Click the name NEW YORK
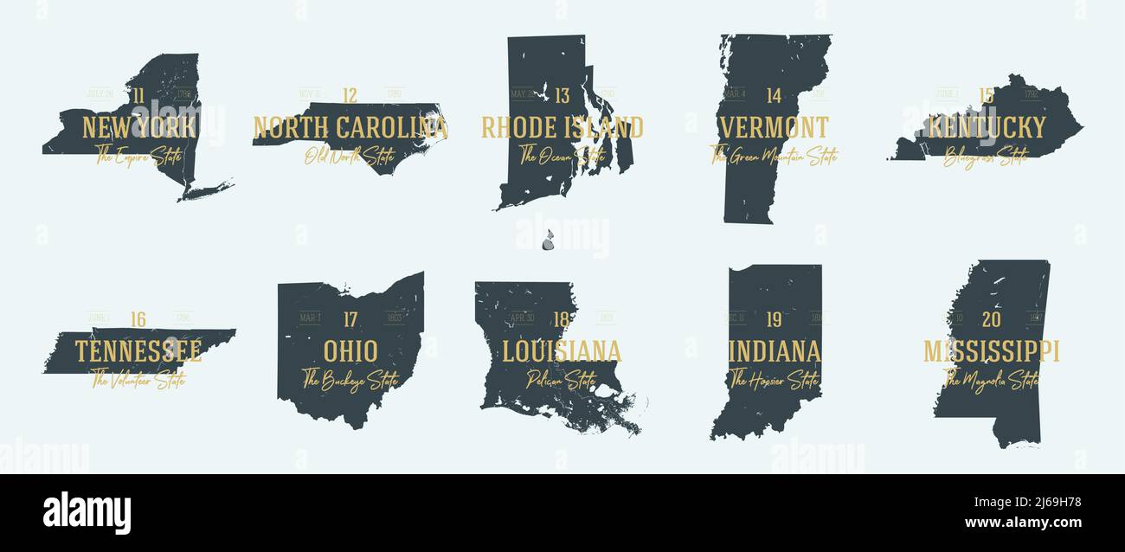[x=138, y=128]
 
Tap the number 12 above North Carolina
[x=350, y=96]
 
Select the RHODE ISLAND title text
[x=562, y=128]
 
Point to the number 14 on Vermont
[x=774, y=96]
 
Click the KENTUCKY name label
[x=987, y=128]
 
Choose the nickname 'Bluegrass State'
[x=986, y=157]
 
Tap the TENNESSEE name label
[x=138, y=351]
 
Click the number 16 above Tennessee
[x=138, y=319]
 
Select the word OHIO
[x=350, y=351]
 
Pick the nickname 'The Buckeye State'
[x=350, y=380]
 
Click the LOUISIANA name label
[x=562, y=351]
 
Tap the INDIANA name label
[x=775, y=351]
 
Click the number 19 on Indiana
[x=774, y=320]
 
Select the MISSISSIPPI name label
[x=992, y=351]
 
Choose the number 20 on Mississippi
[x=992, y=320]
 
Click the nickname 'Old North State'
[x=350, y=157]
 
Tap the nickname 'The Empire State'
[x=138, y=157]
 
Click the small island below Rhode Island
[x=548, y=240]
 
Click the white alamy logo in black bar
[x=87, y=513]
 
